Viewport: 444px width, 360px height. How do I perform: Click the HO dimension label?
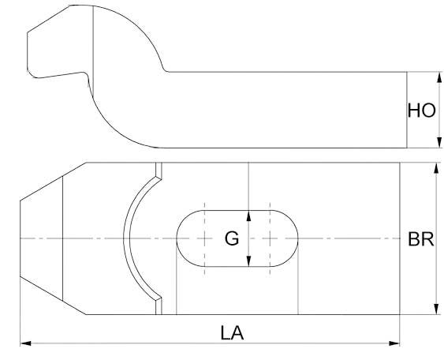click(421, 111)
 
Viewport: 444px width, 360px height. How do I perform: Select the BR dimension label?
click(421, 239)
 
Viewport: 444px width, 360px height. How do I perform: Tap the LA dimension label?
click(232, 333)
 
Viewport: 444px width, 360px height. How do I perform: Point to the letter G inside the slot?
click(232, 238)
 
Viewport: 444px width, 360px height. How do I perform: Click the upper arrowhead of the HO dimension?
click(439, 77)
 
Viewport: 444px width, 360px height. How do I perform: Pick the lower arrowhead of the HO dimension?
click(439, 143)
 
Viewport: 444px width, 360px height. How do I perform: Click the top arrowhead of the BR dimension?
click(436, 168)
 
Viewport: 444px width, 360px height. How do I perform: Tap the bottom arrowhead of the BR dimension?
click(436, 309)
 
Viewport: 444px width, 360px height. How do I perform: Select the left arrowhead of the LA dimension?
click(25, 343)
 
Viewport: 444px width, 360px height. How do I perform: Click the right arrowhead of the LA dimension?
click(394, 343)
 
